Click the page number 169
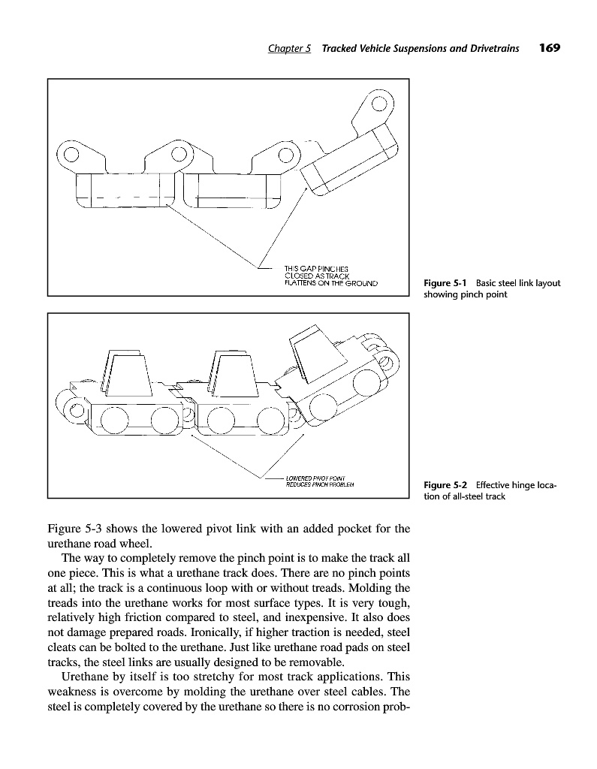[x=550, y=48]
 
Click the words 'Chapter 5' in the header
[x=290, y=49]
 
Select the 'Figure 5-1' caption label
[x=446, y=283]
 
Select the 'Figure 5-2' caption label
[x=446, y=485]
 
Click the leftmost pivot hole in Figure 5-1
[x=70, y=155]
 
